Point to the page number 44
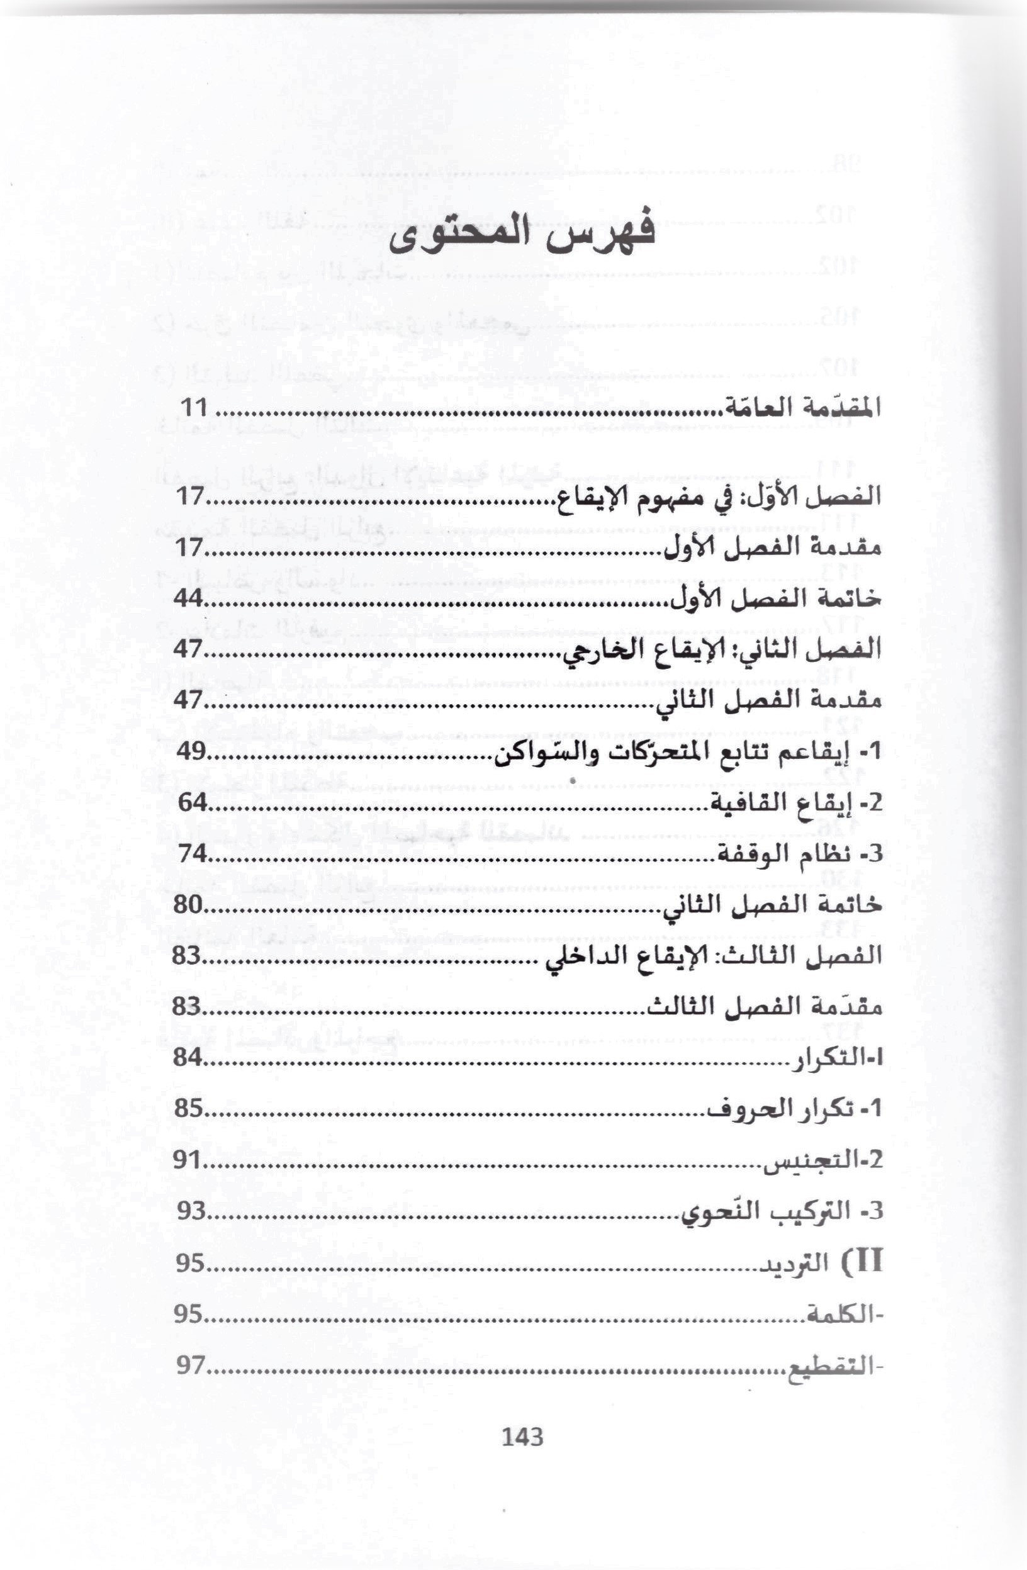coord(188,598)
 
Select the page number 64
coord(193,803)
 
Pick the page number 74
coord(193,854)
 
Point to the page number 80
coord(188,904)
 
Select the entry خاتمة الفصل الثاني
coord(772,905)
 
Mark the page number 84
coord(188,1057)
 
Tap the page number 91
coord(188,1160)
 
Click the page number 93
coord(191,1211)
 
